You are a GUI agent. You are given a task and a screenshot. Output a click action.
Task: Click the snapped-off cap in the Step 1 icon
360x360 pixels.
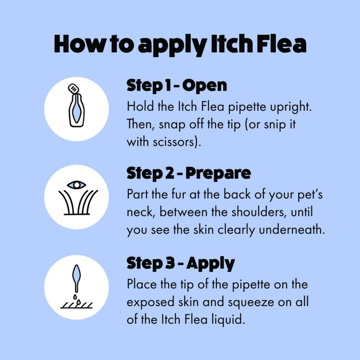pyautogui.click(x=74, y=88)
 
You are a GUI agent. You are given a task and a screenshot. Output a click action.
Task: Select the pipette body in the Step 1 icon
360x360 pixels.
pyautogui.click(x=76, y=110)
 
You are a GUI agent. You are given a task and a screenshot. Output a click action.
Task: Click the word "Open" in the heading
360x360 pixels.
pyautogui.click(x=205, y=86)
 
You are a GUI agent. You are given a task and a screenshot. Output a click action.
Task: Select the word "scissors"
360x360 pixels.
pyautogui.click(x=177, y=142)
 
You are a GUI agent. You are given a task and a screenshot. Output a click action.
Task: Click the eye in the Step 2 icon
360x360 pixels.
pyautogui.click(x=76, y=185)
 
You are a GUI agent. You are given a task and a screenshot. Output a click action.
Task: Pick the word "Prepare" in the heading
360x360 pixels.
pyautogui.click(x=218, y=174)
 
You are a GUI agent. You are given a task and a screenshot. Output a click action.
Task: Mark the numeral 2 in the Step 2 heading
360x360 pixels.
pyautogui.click(x=170, y=173)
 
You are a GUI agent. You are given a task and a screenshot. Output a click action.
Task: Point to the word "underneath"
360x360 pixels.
pyautogui.click(x=292, y=229)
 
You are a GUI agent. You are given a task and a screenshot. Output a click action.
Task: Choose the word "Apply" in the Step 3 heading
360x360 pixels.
pyautogui.click(x=211, y=264)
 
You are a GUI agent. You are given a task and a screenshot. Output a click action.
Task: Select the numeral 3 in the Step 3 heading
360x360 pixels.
pyautogui.click(x=170, y=263)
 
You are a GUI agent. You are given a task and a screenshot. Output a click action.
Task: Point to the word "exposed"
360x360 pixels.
pyautogui.click(x=150, y=302)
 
